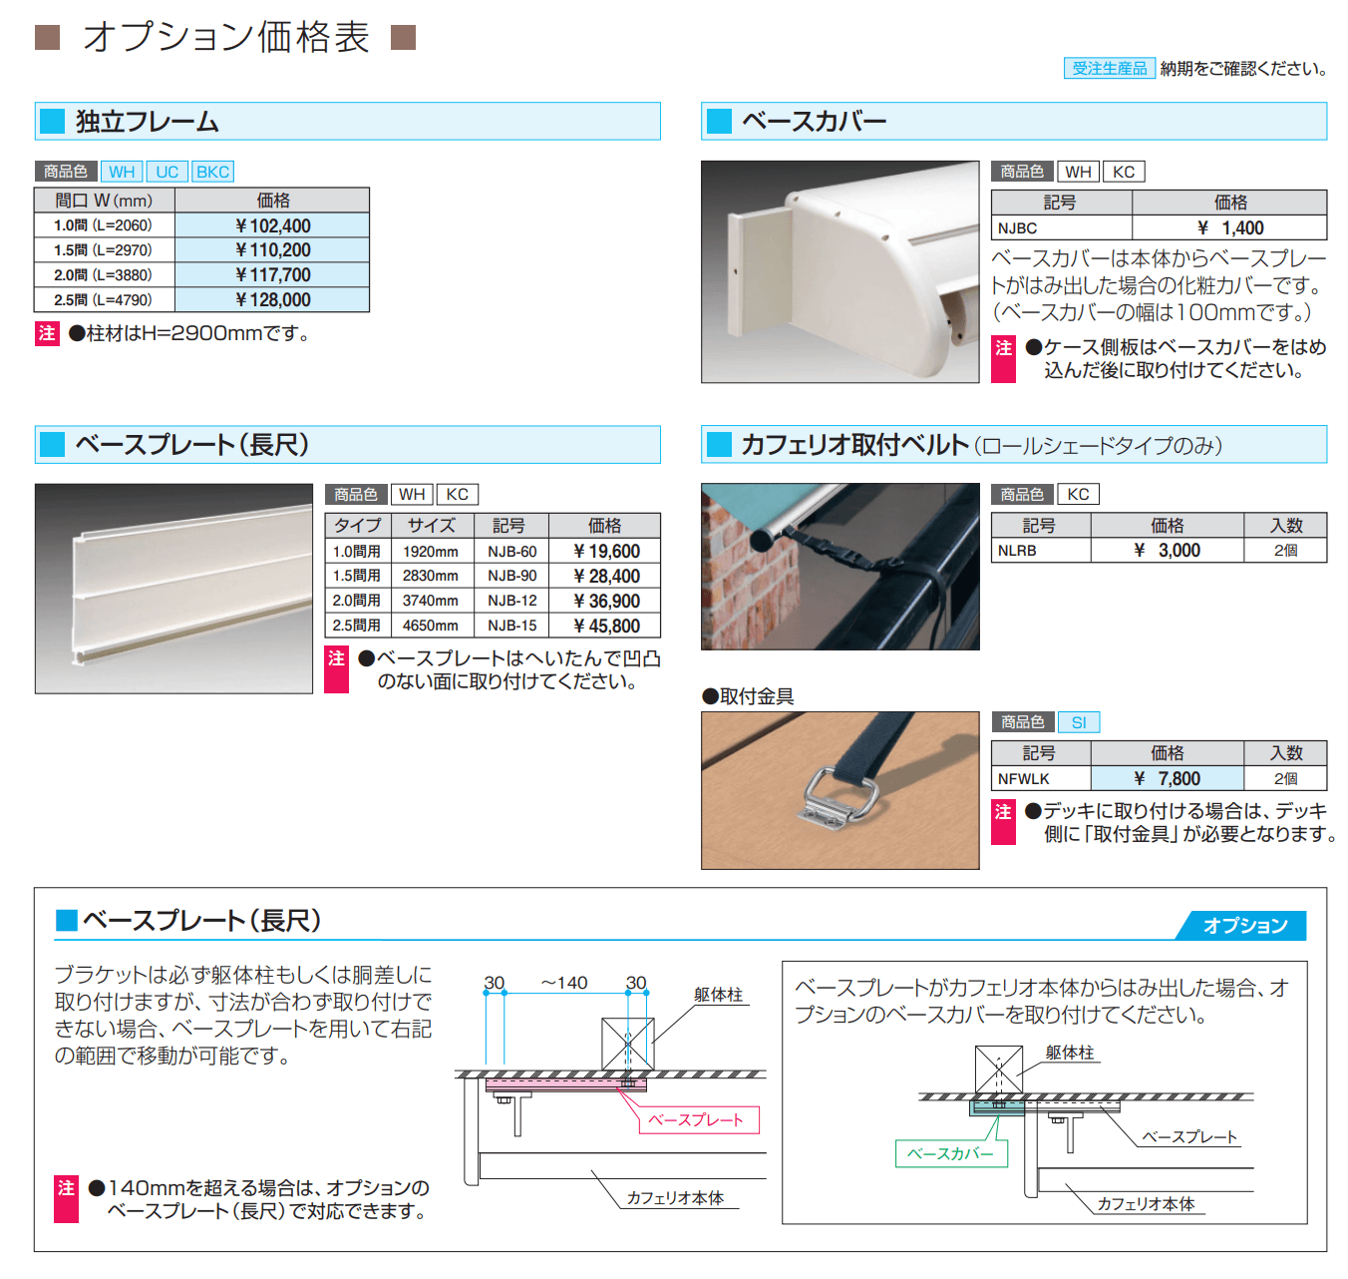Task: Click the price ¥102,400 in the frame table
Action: (x=272, y=226)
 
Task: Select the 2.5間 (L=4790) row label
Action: (x=104, y=300)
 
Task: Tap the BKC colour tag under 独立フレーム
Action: (x=212, y=172)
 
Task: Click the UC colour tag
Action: (x=168, y=172)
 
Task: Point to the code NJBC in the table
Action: (x=1017, y=228)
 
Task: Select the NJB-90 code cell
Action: (x=511, y=577)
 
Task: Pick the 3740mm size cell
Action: (x=431, y=601)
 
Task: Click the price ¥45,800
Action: (x=606, y=627)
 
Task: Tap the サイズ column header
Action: (x=431, y=526)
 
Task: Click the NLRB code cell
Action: (x=1017, y=551)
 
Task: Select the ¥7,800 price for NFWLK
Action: (x=1167, y=779)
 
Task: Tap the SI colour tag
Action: (x=1079, y=722)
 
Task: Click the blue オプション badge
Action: (x=1244, y=926)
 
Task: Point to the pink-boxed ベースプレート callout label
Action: (x=697, y=1120)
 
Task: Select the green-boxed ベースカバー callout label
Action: (x=950, y=1154)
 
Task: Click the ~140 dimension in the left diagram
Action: (x=564, y=984)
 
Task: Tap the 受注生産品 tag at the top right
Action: (x=1110, y=69)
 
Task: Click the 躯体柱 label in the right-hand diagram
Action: (x=1069, y=1054)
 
